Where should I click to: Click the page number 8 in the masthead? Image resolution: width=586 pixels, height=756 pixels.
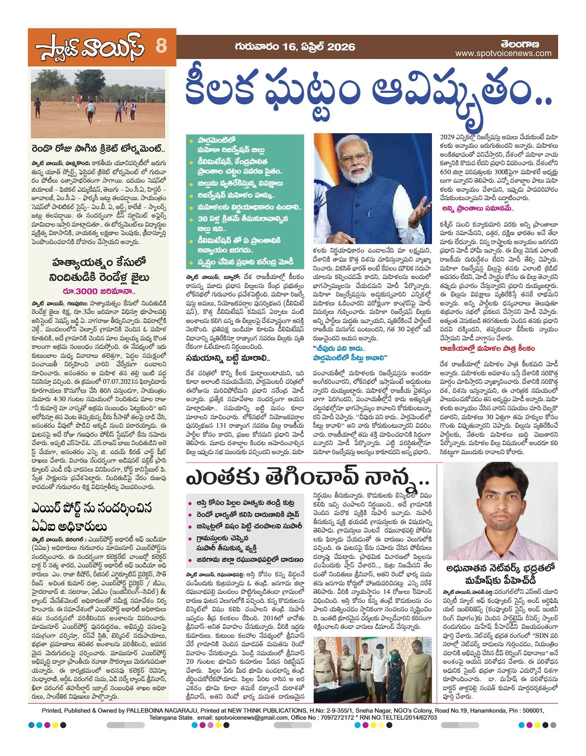(x=161, y=46)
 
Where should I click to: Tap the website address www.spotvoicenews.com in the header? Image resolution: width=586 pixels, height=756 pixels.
(x=503, y=54)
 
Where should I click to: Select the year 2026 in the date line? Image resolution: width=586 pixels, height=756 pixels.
(x=341, y=47)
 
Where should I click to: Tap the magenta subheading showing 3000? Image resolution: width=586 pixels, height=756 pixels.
(x=99, y=291)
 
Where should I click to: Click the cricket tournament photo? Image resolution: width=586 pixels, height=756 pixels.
(x=98, y=103)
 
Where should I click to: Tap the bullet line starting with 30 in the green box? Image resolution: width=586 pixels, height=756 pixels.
(x=243, y=219)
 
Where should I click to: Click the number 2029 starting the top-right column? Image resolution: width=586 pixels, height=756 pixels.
(x=447, y=137)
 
